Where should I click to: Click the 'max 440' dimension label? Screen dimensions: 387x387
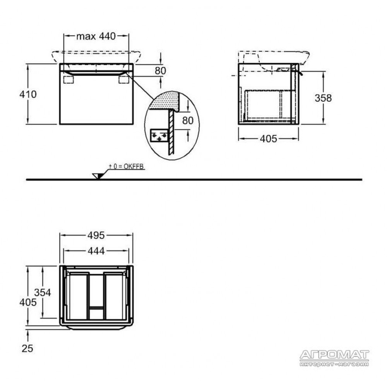96,36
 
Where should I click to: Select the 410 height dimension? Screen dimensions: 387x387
28,94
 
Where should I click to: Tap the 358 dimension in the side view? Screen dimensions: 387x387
323,98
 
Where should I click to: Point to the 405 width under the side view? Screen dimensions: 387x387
268,139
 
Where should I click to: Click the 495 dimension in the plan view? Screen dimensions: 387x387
96,235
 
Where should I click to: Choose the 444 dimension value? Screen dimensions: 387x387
96,251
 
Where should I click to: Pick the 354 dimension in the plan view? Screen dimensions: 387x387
43,293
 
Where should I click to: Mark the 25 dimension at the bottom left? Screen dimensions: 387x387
27,349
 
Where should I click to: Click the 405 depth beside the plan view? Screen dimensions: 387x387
28,302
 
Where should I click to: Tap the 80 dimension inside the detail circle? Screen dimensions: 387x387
188,120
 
